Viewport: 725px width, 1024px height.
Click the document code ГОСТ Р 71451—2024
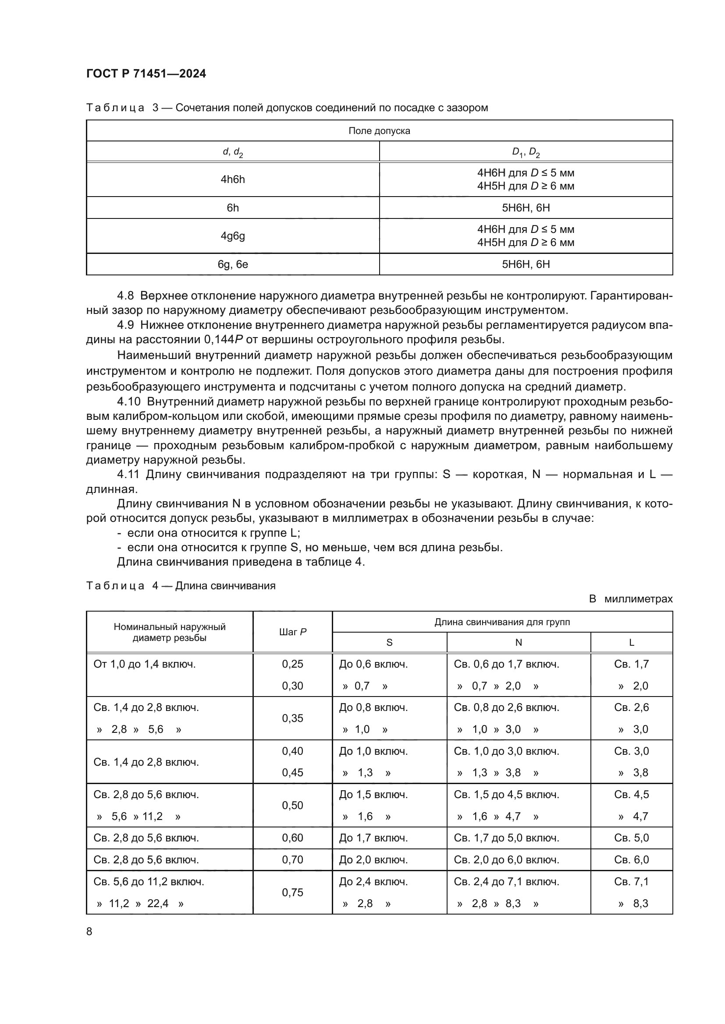click(x=146, y=74)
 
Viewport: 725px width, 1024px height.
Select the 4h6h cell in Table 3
click(x=233, y=179)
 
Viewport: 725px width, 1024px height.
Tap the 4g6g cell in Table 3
click(x=233, y=236)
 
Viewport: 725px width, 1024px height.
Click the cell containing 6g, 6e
click(x=233, y=264)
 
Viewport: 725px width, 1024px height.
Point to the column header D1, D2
click(x=526, y=152)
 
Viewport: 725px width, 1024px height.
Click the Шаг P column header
click(x=292, y=632)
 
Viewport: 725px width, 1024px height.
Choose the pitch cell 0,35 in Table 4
click(x=292, y=718)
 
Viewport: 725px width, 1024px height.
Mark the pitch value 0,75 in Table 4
click(x=292, y=892)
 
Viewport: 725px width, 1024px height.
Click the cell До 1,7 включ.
click(x=373, y=838)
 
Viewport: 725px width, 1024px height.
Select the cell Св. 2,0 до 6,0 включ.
click(x=506, y=860)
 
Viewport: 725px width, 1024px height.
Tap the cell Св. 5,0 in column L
click(x=631, y=838)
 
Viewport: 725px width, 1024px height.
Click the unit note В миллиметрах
click(x=630, y=599)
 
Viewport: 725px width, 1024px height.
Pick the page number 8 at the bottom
click(x=89, y=932)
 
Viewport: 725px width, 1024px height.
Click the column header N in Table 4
click(x=518, y=643)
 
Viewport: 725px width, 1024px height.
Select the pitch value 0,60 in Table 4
click(x=292, y=838)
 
